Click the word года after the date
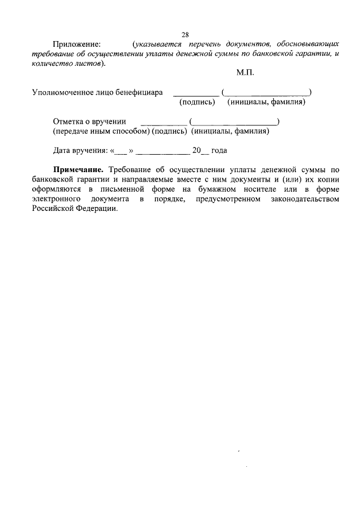[x=219, y=151]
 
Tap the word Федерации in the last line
[x=97, y=208]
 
